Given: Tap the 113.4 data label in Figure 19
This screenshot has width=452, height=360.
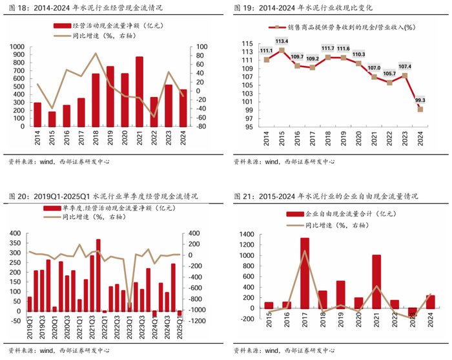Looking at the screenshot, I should coord(282,41).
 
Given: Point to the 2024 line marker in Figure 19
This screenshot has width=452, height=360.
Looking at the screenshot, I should coord(420,109).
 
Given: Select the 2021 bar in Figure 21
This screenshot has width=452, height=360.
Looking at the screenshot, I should coord(376,282).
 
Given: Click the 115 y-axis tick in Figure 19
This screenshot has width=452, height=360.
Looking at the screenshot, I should coord(248,43).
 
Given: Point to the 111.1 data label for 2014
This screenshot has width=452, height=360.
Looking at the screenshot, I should coord(266,50).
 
